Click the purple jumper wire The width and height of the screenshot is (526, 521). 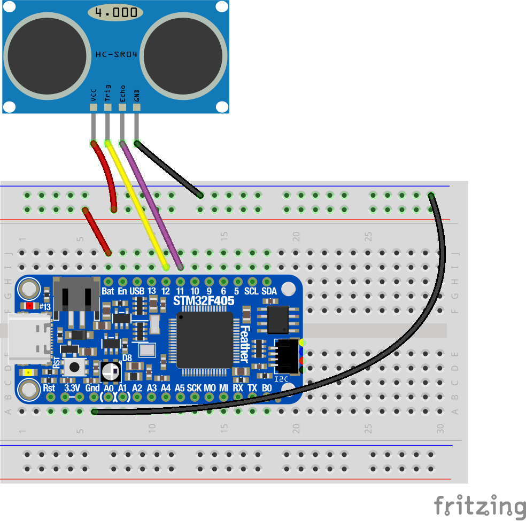152,203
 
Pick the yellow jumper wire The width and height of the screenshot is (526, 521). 136,203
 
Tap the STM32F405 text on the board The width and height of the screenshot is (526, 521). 204,301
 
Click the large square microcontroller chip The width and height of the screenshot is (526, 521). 205,340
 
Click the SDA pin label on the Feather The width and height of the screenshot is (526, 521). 269,291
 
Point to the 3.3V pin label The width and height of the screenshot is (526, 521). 72,387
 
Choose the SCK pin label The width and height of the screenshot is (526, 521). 194,387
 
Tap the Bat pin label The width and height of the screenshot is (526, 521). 107,291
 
